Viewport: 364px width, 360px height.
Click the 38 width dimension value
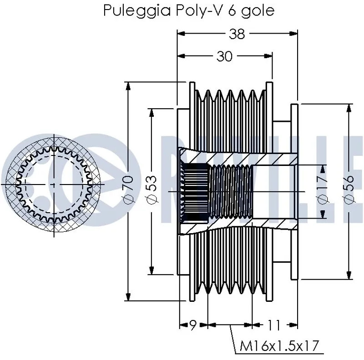[x=238, y=34]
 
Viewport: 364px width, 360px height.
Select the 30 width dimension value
[x=224, y=56]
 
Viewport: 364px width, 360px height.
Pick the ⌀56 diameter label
[x=349, y=191]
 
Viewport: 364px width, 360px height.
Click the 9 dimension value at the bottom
[x=193, y=325]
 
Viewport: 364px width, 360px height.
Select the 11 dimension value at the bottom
[x=273, y=325]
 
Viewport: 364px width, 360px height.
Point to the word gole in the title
[x=258, y=10]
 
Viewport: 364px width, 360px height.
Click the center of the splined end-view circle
[x=54, y=185]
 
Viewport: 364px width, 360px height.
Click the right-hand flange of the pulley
[x=294, y=191]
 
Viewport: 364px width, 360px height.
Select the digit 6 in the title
[x=232, y=10]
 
